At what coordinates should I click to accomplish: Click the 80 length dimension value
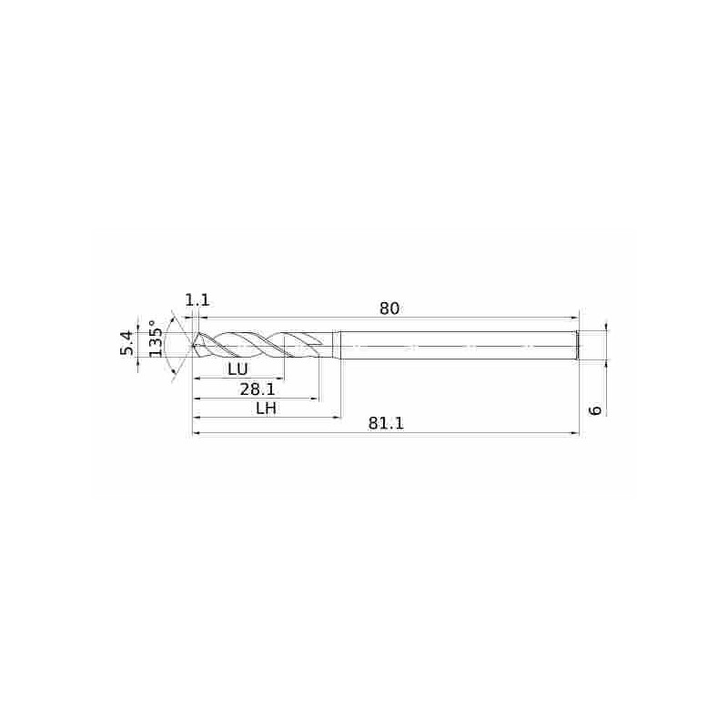pos(389,308)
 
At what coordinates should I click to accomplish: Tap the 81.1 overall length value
pos(386,423)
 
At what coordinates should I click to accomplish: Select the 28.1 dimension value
pos(258,389)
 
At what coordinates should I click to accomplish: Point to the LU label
pos(238,369)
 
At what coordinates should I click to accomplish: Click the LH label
pos(267,408)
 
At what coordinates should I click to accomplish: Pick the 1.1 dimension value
pos(197,300)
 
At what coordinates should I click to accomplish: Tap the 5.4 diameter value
pos(126,343)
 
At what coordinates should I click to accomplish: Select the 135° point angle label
pos(156,339)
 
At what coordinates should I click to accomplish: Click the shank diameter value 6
pos(595,410)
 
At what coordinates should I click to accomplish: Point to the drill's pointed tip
pos(192,346)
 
